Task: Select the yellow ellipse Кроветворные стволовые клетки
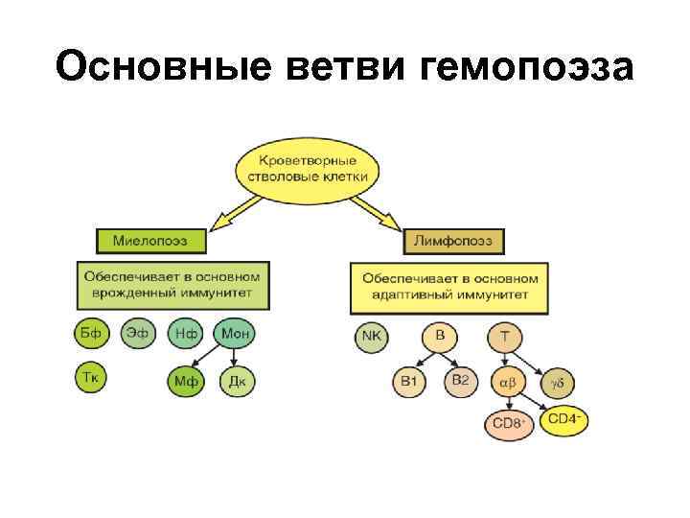[306, 169]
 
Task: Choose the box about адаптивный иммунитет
[450, 288]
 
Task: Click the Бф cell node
[90, 334]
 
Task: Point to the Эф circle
[138, 334]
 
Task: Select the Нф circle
[187, 334]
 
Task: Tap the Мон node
[236, 334]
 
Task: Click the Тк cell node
[90, 378]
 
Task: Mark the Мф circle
[187, 382]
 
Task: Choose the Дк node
[237, 382]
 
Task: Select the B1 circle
[409, 381]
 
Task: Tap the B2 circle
[460, 381]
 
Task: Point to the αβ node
[507, 382]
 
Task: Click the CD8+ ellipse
[509, 423]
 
